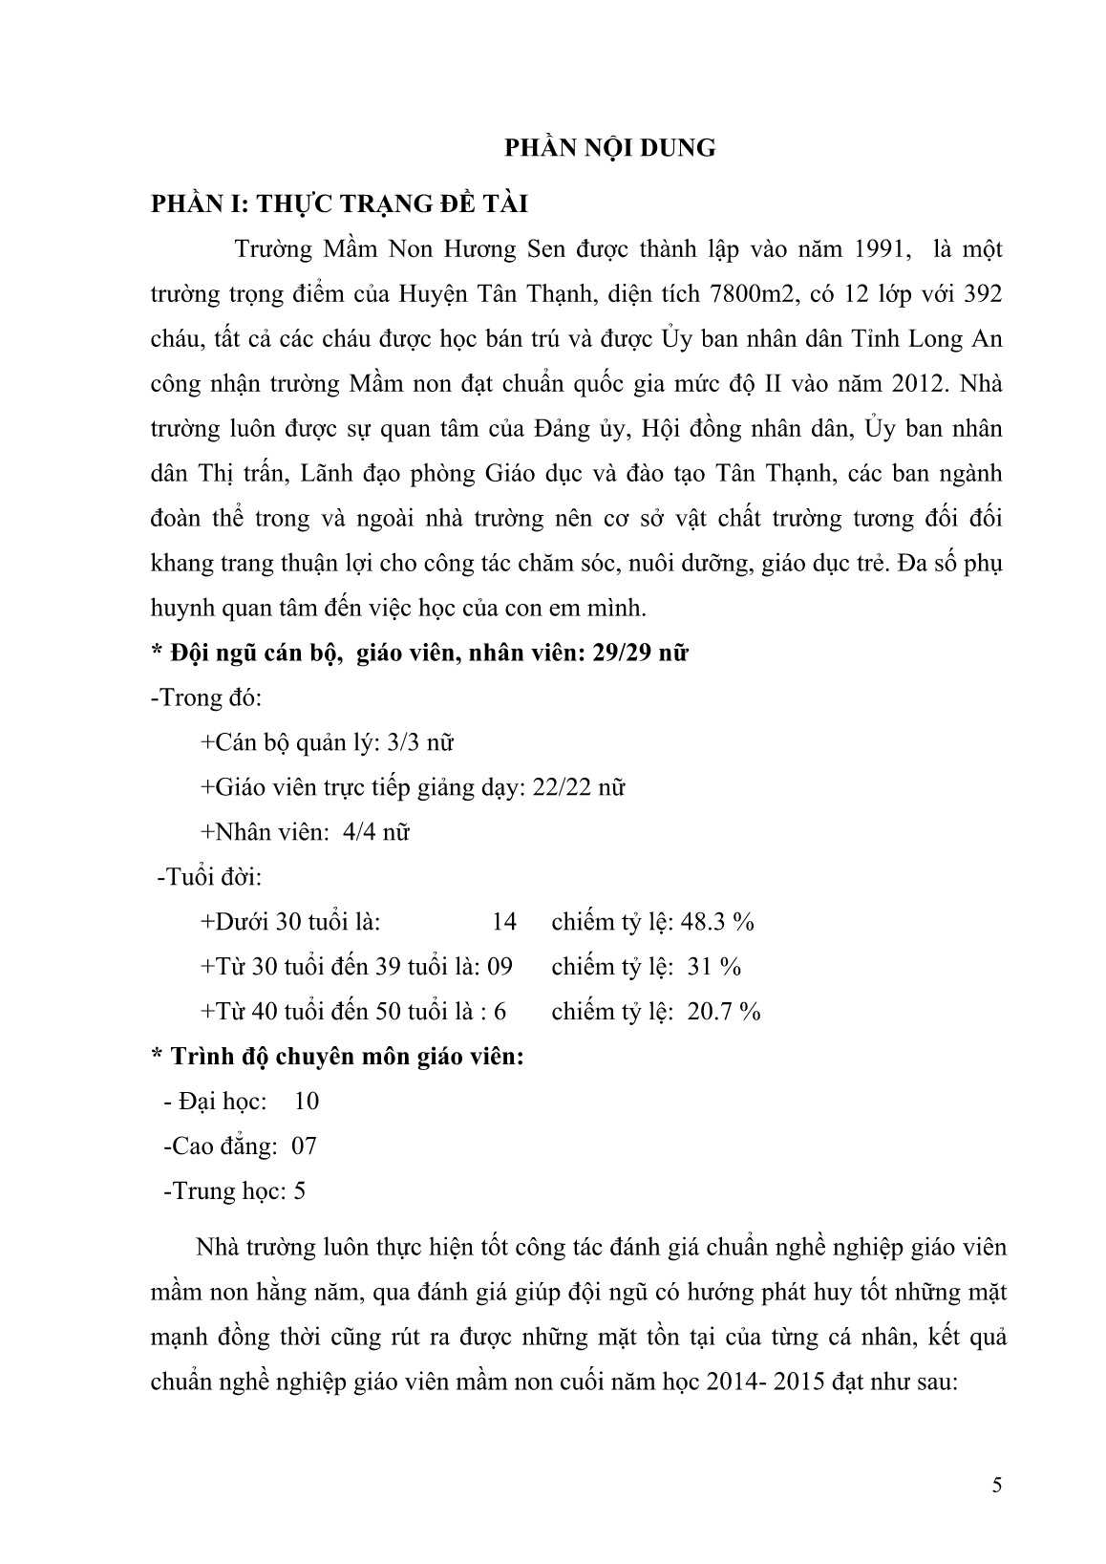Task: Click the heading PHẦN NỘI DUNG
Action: (x=609, y=148)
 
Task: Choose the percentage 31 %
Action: (x=714, y=967)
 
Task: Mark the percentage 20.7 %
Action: (x=723, y=1012)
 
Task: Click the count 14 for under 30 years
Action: (x=503, y=922)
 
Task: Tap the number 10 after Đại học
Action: (x=307, y=1102)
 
